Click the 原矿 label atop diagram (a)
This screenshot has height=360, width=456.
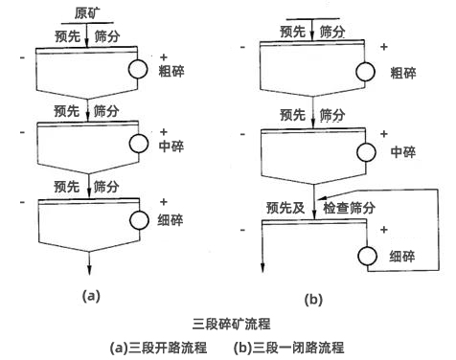point(87,11)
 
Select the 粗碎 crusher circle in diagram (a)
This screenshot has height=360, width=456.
point(137,70)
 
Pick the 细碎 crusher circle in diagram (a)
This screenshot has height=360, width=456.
point(137,219)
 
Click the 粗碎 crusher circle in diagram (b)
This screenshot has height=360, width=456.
point(365,73)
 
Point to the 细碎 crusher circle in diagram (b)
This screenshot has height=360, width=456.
point(365,257)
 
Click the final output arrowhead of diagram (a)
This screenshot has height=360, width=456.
point(87,273)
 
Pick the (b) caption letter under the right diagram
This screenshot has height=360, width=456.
point(313,300)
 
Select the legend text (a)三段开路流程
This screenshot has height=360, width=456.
point(158,348)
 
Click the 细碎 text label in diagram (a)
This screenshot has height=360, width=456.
point(174,219)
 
